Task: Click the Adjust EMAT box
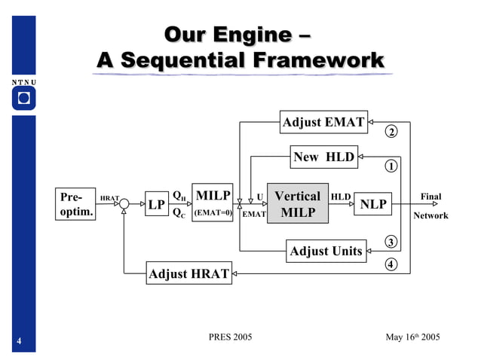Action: tap(323, 122)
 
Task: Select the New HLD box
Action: tap(324, 157)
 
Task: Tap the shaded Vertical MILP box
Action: tap(298, 204)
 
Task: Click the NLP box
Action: tap(372, 204)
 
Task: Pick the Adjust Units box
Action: tap(326, 251)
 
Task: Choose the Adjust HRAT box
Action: tap(188, 273)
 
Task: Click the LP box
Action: tap(156, 204)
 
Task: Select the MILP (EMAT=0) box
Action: tap(213, 203)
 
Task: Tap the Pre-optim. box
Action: tap(76, 204)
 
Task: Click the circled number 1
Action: tap(391, 166)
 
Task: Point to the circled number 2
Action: tap(391, 133)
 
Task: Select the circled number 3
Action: tap(391, 242)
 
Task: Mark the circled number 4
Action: tap(391, 264)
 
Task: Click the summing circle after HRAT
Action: tap(124, 204)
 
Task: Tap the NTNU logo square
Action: tap(23, 98)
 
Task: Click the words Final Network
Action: tap(430, 206)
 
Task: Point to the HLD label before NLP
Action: tap(341, 197)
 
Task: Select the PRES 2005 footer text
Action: tap(230, 337)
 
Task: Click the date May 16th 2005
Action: tap(412, 337)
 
